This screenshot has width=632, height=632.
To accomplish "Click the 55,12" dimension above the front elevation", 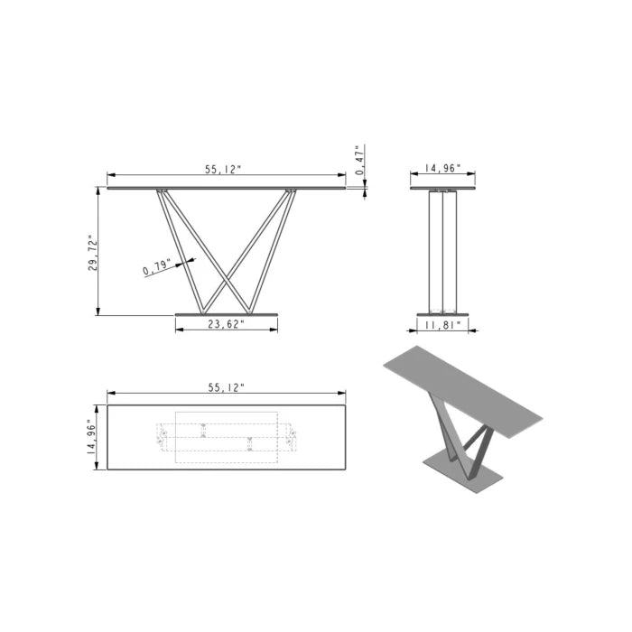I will [223, 169].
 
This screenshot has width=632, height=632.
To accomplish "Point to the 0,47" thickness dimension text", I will [359, 160].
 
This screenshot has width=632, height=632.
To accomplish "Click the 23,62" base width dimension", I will [226, 325].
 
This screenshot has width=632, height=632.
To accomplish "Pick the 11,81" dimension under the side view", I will [442, 325].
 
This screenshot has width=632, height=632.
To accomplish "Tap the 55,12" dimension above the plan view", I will [226, 386].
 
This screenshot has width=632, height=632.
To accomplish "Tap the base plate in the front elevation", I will [227, 314].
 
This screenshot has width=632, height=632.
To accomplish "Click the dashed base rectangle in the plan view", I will [226, 438].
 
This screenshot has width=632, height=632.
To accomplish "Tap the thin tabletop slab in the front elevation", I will [226, 188].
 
